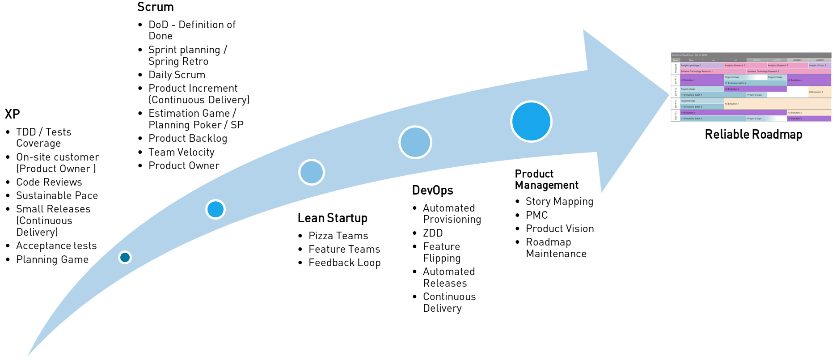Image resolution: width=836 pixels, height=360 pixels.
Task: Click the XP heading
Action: click(13, 114)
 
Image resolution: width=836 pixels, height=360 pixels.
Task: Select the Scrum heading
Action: click(155, 7)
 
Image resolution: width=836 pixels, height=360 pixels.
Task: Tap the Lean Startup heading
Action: click(332, 218)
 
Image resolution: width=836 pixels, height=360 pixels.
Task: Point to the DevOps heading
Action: click(432, 191)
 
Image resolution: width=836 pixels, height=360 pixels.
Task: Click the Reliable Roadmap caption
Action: click(753, 135)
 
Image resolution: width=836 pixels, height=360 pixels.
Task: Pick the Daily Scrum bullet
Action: click(177, 75)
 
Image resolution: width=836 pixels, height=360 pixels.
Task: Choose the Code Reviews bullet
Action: click(49, 182)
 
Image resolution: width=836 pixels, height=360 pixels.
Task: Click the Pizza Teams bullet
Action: click(338, 236)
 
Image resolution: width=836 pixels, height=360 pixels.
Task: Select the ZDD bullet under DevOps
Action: click(433, 233)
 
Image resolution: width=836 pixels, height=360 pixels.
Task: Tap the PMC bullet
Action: click(536, 215)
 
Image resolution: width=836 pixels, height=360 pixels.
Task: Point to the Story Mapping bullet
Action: click(559, 202)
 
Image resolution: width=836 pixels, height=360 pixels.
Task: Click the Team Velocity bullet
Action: click(181, 152)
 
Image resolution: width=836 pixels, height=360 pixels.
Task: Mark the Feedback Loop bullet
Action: click(344, 263)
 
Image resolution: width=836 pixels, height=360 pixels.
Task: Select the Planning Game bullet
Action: click(52, 259)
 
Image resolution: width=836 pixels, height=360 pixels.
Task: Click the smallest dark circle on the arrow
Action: click(125, 257)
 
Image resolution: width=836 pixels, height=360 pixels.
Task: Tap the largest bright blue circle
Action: click(531, 121)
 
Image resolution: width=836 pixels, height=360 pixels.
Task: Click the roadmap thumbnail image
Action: click(751, 87)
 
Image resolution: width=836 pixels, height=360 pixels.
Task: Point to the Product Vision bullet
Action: click(560, 229)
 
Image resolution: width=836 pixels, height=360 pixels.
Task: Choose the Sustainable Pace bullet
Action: click(57, 195)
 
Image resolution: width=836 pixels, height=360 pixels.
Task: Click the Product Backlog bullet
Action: click(188, 139)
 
